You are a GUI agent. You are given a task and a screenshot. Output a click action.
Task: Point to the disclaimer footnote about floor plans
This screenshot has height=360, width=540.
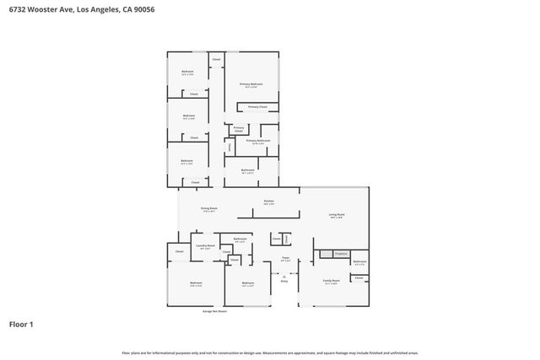pyautogui.click(x=269, y=352)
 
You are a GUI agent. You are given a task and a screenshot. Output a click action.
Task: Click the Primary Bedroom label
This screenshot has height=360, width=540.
pyautogui.click(x=251, y=84)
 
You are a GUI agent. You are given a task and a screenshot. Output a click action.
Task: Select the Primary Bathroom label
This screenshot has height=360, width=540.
pyautogui.click(x=257, y=141)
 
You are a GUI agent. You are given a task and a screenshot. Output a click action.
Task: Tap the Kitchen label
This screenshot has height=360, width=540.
pyautogui.click(x=268, y=201)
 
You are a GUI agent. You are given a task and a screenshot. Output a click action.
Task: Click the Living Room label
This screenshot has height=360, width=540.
pyautogui.click(x=337, y=214)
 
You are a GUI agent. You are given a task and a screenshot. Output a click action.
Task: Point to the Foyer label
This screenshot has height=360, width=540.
pyautogui.click(x=285, y=259)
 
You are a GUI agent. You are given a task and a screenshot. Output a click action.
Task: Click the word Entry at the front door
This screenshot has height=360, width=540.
pyautogui.click(x=284, y=280)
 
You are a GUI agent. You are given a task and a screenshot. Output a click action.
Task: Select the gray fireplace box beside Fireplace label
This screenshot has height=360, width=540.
pyautogui.click(x=326, y=253)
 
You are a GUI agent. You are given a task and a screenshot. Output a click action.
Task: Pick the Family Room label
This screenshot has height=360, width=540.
pyautogui.click(x=331, y=281)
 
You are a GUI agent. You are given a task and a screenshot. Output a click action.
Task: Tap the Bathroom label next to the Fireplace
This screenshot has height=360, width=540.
pyautogui.click(x=359, y=262)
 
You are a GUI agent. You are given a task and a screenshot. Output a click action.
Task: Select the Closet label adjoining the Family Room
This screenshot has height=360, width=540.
pyautogui.click(x=359, y=277)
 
